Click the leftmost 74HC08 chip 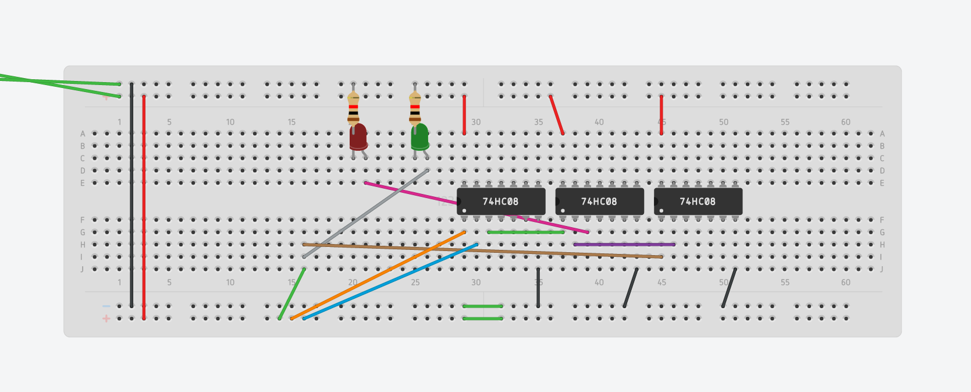(x=500, y=202)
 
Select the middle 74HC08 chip (x=599, y=202)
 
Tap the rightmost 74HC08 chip (x=698, y=202)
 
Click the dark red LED (x=358, y=137)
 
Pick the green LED (x=419, y=136)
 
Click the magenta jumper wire (x=407, y=193)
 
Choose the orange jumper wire (x=378, y=275)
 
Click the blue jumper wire (x=390, y=281)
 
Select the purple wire (x=624, y=245)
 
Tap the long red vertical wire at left (x=144, y=207)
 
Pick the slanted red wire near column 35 (x=557, y=115)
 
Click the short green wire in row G (x=526, y=232)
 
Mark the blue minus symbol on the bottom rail (x=106, y=306)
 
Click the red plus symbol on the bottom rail (x=106, y=319)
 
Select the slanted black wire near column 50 (x=729, y=288)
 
